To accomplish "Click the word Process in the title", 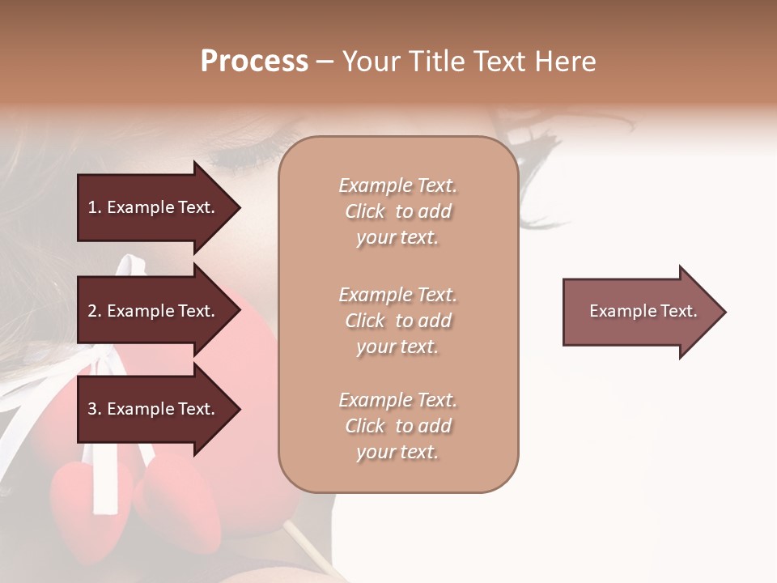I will point(254,62).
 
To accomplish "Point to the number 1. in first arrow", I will point(95,207).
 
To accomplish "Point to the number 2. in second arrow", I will point(95,311).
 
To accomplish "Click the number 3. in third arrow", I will point(95,409).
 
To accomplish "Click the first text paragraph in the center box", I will point(397,211).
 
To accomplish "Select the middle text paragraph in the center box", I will point(397,321).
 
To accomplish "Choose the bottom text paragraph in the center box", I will point(397,426).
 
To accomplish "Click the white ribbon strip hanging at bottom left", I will point(105,486).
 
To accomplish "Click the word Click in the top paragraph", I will point(365,211).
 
